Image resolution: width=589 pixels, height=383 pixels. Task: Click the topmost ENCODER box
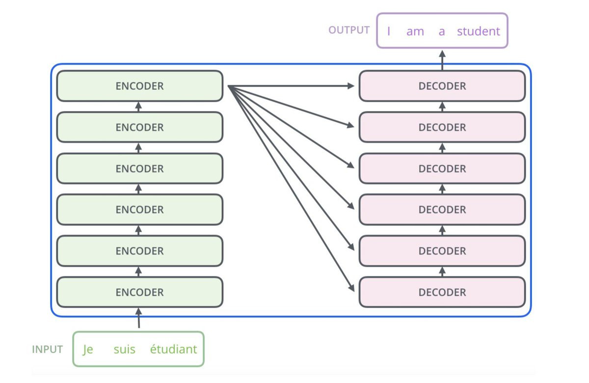tap(140, 86)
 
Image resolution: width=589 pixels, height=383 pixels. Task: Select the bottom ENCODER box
tap(140, 292)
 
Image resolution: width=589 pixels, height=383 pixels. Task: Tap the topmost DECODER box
tap(442, 86)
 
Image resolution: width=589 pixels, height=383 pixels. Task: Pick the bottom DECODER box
tap(442, 292)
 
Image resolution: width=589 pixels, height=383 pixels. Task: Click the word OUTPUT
tap(349, 30)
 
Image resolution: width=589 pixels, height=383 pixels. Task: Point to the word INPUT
tap(48, 350)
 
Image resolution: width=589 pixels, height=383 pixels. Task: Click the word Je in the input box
tap(88, 350)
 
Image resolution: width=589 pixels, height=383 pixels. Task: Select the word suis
tap(124, 350)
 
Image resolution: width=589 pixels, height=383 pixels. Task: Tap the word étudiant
tap(173, 350)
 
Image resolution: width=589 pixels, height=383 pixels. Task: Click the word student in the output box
tap(479, 31)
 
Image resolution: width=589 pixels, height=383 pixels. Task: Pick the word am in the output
tap(415, 31)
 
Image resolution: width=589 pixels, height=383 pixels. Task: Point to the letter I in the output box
tap(389, 31)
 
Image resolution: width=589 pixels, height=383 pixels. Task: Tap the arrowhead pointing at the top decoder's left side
tap(351, 86)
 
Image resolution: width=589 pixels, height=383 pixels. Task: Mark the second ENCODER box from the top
tap(140, 127)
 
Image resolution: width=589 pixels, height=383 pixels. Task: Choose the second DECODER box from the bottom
tap(442, 251)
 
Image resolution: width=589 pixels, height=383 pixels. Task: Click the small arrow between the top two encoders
tap(138, 106)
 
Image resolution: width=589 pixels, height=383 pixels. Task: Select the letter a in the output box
tap(442, 31)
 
